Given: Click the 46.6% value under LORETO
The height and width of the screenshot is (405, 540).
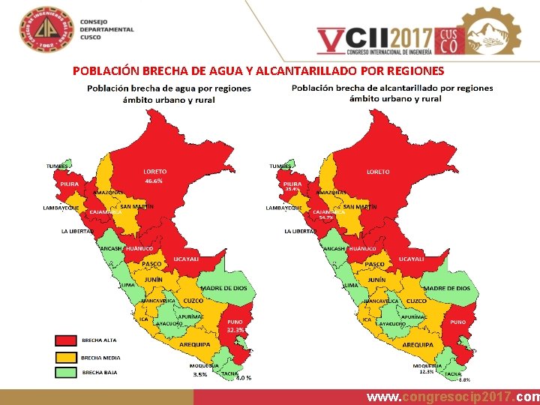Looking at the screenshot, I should click(154, 181).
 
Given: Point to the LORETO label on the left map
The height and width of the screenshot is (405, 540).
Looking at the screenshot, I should click(155, 172).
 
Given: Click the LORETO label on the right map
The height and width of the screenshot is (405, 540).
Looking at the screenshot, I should click(378, 172).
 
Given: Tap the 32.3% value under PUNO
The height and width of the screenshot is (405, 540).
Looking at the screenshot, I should click(235, 330).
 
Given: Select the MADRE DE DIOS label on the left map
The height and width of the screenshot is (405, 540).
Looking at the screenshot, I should click(223, 288).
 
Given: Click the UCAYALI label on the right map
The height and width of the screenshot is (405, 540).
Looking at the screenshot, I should click(411, 259).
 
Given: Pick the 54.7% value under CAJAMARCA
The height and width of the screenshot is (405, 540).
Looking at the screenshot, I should click(326, 217).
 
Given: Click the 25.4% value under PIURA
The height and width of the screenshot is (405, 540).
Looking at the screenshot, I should click(292, 189).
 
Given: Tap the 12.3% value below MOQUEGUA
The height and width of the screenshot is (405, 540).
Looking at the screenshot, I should click(427, 372).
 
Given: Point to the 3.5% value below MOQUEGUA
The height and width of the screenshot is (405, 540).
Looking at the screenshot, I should click(199, 373).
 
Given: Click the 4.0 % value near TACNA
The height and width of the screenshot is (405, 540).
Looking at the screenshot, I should click(244, 378).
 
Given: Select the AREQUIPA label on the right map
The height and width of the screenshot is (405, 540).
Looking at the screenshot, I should click(418, 344).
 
